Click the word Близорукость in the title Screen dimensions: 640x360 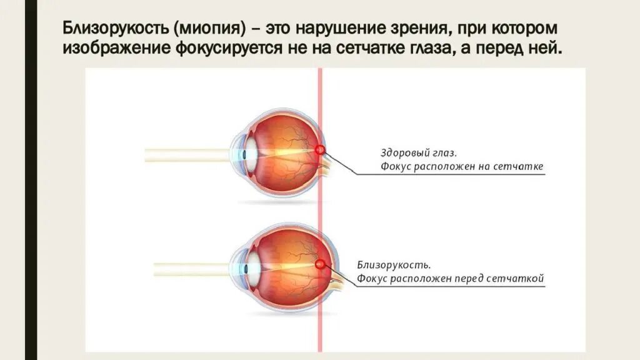tap(116, 29)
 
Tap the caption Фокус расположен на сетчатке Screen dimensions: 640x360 tap(462, 167)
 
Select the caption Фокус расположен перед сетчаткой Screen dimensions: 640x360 tap(451, 279)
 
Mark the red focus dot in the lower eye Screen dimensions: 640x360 tap(320, 264)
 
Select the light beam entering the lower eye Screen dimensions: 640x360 tap(194, 268)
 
